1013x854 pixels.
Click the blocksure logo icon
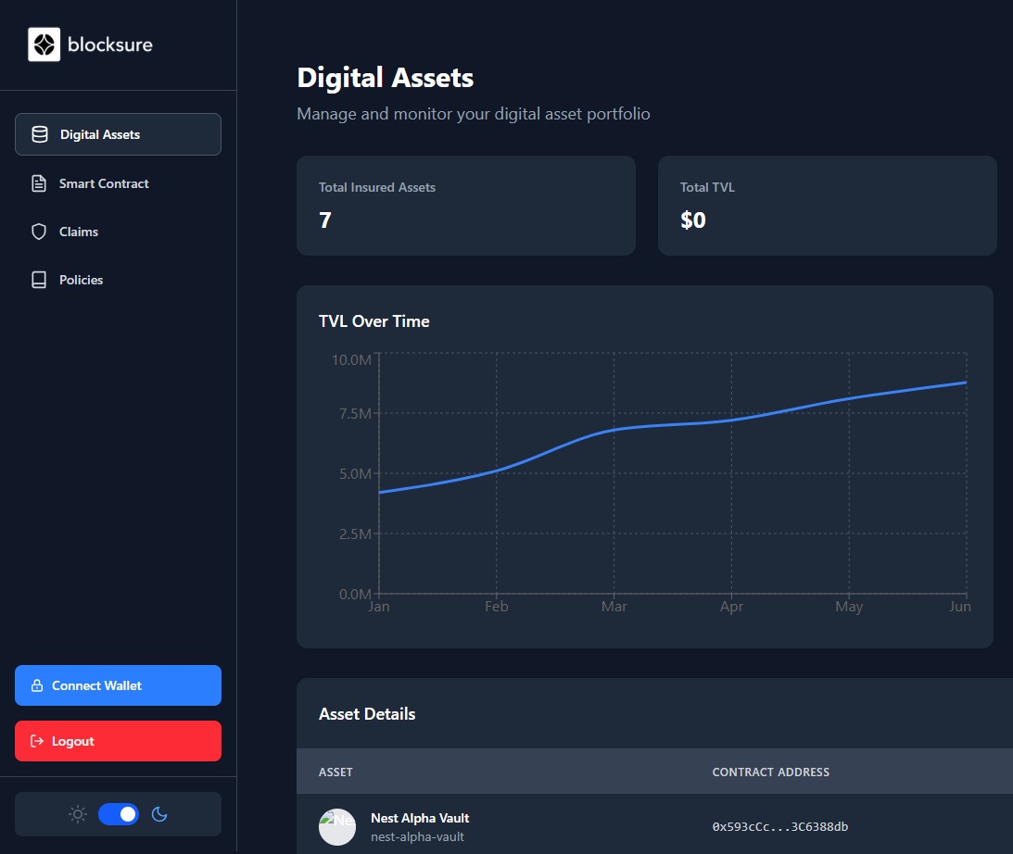[44, 44]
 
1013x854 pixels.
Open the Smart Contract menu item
[104, 183]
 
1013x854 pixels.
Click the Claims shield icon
[39, 232]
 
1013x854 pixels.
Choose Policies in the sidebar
[81, 280]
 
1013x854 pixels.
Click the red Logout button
[118, 741]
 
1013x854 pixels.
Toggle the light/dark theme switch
[119, 814]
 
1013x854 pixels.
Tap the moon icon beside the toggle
[159, 814]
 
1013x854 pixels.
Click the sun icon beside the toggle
[78, 814]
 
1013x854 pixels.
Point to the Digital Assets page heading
[385, 78]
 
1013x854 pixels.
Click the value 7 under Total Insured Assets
[325, 220]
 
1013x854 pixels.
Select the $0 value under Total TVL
[692, 220]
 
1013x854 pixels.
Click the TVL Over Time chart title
[374, 321]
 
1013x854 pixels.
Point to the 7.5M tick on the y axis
[351, 413]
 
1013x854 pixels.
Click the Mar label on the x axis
[614, 607]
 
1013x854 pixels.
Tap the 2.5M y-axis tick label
[351, 534]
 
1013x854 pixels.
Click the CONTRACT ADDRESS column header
[770, 772]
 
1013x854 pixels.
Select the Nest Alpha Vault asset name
[419, 818]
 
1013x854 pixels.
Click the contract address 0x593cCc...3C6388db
[779, 826]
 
